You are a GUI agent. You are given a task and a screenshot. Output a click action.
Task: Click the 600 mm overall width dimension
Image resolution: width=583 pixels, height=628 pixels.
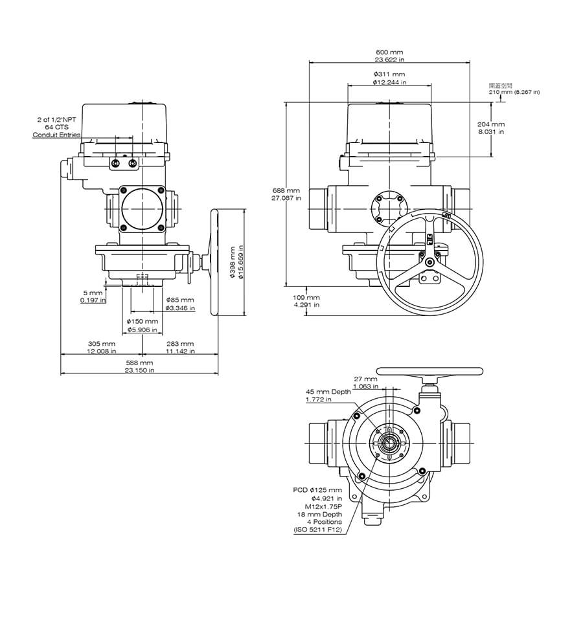pos(389,52)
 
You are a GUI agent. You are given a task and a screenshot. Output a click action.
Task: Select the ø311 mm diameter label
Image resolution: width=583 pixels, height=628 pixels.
pos(389,74)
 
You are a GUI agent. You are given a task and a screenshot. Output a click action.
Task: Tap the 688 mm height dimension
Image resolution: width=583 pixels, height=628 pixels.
pos(286,191)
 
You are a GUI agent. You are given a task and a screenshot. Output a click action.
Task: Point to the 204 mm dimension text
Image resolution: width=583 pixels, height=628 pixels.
pos(490,124)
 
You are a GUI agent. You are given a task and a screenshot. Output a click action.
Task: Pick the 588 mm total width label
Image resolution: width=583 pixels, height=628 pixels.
pos(139,363)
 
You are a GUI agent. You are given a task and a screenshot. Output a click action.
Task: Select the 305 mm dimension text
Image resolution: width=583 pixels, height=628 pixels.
pos(102,344)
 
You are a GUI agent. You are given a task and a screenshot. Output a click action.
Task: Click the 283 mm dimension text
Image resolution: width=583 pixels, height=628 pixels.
pos(180,344)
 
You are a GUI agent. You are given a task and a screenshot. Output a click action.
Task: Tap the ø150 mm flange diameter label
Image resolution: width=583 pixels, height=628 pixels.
pos(143,321)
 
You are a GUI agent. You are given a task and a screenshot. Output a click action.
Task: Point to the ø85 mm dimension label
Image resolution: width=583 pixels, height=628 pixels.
pos(179,300)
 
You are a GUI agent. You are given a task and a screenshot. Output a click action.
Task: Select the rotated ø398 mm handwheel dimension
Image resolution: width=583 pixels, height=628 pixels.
pos(233,262)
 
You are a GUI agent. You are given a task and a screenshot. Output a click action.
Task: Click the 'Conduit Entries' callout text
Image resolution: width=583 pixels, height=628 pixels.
pos(57,135)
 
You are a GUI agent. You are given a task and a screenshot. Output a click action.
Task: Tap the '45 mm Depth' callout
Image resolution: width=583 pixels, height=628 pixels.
pos(328,392)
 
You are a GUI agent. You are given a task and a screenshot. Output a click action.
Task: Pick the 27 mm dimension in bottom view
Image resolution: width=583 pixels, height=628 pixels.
pos(365,379)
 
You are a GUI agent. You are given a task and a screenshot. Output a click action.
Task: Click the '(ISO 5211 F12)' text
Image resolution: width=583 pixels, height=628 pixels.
pos(317,530)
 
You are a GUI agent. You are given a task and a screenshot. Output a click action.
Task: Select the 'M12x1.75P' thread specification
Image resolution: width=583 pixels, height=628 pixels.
pos(323,506)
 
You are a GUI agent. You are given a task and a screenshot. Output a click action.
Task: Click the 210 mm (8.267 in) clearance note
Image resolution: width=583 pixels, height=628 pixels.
pos(514,92)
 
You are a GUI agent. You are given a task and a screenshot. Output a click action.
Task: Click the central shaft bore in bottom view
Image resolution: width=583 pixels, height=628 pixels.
pos(389,442)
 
